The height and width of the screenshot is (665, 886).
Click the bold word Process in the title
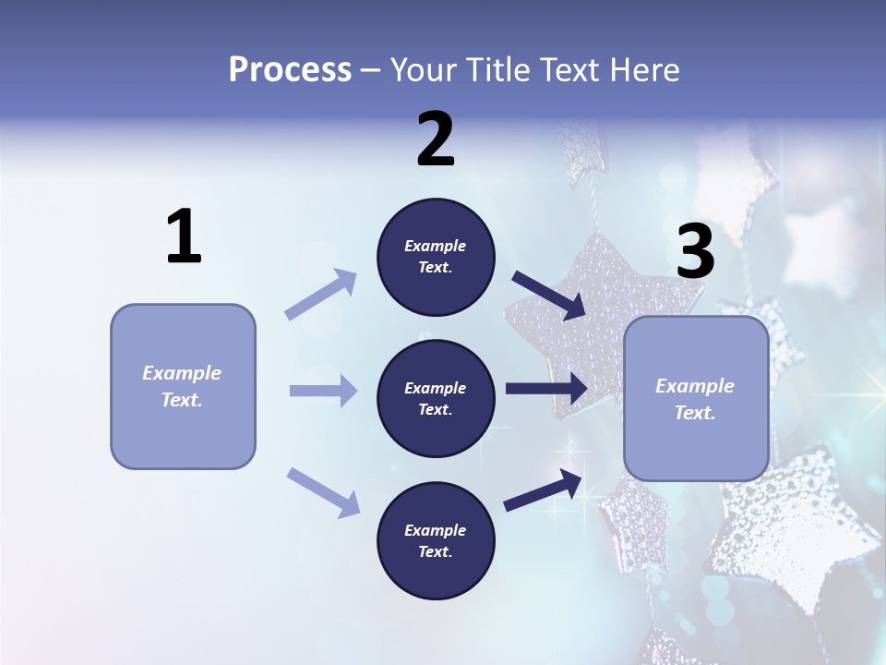tap(290, 70)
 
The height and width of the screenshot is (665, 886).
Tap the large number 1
tap(184, 237)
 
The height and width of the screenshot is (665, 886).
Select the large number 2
tap(436, 139)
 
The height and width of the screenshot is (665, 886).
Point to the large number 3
tap(695, 251)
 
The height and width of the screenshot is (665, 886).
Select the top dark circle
tap(436, 257)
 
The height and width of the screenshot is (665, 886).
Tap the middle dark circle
tap(436, 398)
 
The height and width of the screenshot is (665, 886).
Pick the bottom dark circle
tap(436, 540)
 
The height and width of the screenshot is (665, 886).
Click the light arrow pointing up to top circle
tap(321, 295)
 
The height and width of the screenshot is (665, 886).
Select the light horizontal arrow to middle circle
tap(323, 391)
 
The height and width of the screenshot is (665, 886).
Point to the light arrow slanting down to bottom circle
tap(323, 491)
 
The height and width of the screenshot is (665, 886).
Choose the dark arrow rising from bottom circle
tap(543, 490)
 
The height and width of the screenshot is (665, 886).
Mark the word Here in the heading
tap(645, 70)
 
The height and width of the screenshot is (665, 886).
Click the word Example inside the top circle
tap(436, 246)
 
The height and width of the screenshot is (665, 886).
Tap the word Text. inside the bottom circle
tap(436, 551)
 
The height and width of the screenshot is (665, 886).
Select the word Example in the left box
tap(182, 373)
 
